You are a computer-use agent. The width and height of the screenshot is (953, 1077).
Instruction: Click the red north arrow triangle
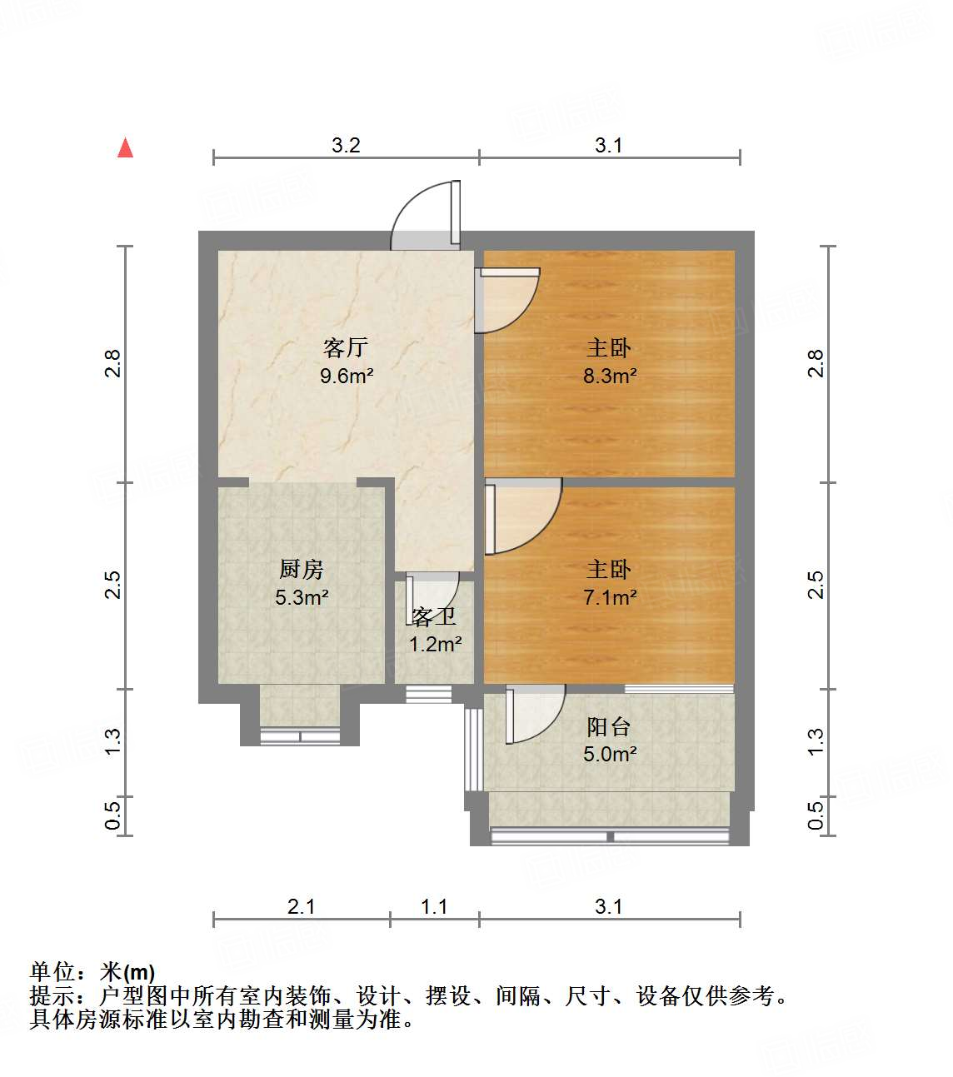(126, 148)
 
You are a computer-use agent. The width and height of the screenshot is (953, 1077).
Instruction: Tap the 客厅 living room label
(346, 347)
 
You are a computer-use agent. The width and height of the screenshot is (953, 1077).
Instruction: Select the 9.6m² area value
(347, 376)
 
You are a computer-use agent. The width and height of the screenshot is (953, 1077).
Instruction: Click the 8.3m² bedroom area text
(610, 376)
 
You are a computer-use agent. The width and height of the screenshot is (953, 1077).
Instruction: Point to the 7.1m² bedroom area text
(610, 597)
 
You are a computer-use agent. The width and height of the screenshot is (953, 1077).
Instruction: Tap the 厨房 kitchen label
(301, 570)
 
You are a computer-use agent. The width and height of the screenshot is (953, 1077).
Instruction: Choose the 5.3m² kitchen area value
(301, 597)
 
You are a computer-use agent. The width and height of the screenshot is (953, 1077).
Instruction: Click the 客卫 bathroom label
(434, 617)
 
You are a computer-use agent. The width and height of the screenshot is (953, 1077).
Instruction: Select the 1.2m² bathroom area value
(435, 644)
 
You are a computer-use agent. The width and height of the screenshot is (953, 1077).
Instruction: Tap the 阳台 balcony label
(608, 727)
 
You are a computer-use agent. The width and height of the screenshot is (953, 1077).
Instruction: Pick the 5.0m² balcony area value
(610, 755)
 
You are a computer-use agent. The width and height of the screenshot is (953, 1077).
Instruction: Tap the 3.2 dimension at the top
(346, 145)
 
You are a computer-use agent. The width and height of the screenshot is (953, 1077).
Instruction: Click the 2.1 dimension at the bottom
(301, 906)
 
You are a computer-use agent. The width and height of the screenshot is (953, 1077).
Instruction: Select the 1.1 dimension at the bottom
(434, 906)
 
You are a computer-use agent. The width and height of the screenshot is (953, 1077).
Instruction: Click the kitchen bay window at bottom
(300, 735)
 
